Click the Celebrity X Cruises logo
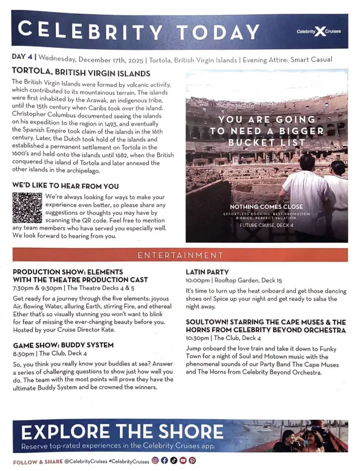coord(320,32)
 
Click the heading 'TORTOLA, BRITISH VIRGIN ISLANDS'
coord(80,73)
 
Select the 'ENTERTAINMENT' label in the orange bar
coord(180,255)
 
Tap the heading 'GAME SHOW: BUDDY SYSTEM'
coord(63,345)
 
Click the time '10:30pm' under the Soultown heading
coord(198,338)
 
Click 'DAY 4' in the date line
coord(22,58)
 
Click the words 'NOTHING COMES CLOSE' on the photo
coord(267,207)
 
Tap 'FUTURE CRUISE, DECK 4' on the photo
coord(267,226)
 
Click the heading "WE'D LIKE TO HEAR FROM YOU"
coord(65,186)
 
